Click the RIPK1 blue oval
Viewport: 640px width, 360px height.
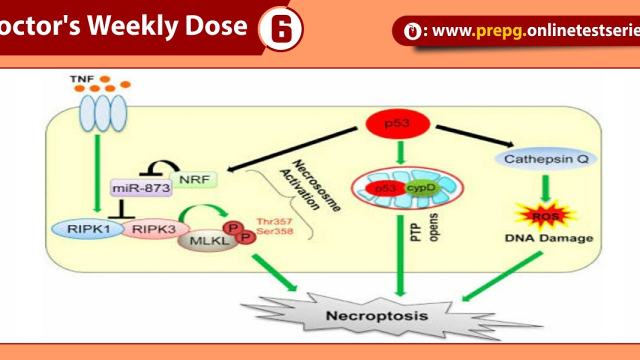[82, 230]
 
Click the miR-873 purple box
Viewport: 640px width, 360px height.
[139, 188]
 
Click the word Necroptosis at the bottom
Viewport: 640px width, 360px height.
[376, 315]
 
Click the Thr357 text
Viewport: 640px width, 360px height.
[274, 221]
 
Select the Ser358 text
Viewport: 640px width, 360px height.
[274, 231]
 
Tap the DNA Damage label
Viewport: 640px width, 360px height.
[548, 238]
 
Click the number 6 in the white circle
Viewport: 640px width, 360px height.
[281, 29]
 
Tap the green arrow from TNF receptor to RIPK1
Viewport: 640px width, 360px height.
[97, 172]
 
